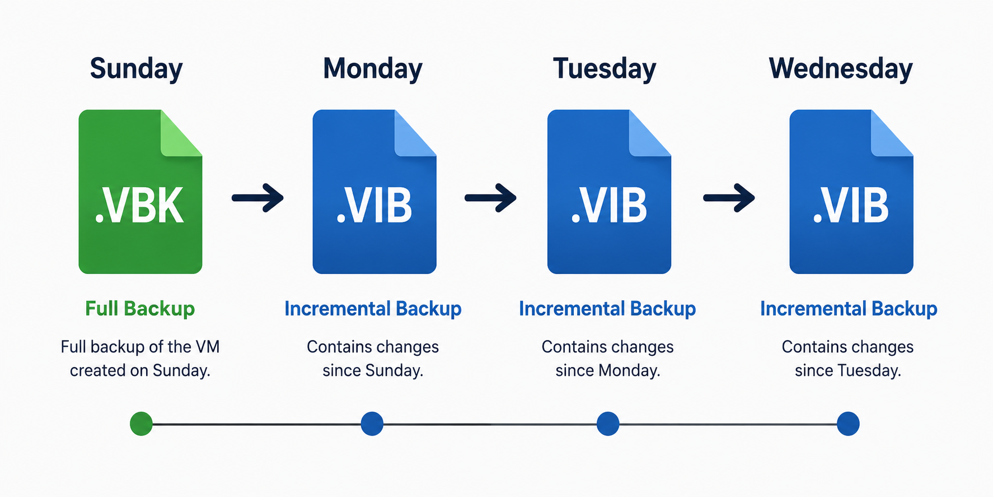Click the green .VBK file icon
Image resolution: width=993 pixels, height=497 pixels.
[140, 192]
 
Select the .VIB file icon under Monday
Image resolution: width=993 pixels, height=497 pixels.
[374, 192]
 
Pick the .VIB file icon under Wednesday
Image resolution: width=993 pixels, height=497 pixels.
[851, 192]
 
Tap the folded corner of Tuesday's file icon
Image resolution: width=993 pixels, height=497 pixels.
[649, 133]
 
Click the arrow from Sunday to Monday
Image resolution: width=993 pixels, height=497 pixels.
[257, 198]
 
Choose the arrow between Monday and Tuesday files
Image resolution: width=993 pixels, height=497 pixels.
[490, 198]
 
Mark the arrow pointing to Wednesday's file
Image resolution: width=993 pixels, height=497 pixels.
[729, 198]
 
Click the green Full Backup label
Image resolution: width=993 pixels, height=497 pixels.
[140, 309]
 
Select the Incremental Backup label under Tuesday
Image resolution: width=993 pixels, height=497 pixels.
[607, 309]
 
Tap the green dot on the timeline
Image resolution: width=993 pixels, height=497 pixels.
[141, 424]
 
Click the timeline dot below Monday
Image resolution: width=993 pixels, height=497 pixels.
[372, 424]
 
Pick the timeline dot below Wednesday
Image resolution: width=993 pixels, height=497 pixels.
[848, 424]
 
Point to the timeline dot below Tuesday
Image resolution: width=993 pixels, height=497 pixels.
[608, 424]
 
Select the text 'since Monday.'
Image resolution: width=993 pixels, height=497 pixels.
[608, 370]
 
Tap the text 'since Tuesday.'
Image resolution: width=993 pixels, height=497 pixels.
[848, 370]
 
